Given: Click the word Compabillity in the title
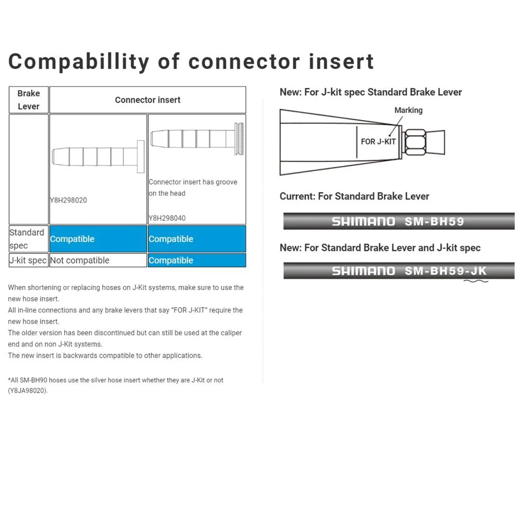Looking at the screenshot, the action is pos(79,62).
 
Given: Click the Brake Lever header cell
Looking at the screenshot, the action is pos(28,100).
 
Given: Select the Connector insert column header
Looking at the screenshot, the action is pos(148,100).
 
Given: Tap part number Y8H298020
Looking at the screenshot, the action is pos(68,200).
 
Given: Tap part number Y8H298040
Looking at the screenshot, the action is pos(167,218).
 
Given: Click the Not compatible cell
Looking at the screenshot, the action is pos(98,261).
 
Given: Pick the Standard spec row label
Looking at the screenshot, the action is pos(28,239).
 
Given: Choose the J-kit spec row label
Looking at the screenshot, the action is pos(28,261).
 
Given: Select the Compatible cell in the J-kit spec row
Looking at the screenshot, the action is pos(197,261).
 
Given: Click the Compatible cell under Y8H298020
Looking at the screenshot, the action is pos(98,239).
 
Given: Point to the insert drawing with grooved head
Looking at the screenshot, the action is pos(197,138).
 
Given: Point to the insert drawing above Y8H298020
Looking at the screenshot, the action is pos(98,156).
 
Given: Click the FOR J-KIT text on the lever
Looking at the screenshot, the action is pos(378,142).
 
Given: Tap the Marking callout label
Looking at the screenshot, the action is pos(408,110).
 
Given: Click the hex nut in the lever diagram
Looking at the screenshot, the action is pos(415,142).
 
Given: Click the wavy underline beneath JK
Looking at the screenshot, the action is pos(476,281).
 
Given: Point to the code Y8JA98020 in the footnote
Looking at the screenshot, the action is pos(28,391).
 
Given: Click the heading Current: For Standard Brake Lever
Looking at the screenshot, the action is pos(354,196).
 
